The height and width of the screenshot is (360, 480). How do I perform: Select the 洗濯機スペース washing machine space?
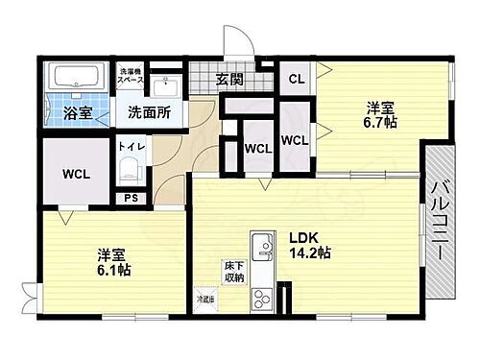coord(132,76)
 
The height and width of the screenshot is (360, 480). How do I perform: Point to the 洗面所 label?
coord(149,112)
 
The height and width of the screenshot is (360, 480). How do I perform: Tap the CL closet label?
coord(297,80)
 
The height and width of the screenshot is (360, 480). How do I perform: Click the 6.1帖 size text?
coord(113,271)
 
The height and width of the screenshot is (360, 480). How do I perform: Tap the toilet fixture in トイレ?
coord(128,173)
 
